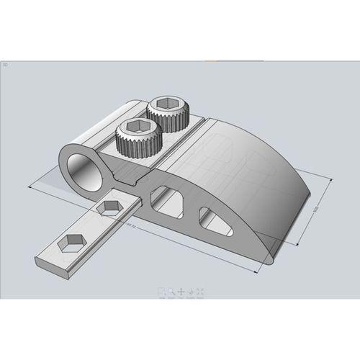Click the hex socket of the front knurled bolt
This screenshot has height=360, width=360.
(135, 130)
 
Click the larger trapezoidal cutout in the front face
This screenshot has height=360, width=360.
(166, 199)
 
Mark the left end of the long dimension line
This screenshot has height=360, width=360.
(30, 186)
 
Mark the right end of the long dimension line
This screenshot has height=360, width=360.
(258, 272)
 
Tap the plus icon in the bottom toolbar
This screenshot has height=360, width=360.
(181, 292)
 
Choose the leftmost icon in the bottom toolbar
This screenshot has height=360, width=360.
(162, 292)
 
